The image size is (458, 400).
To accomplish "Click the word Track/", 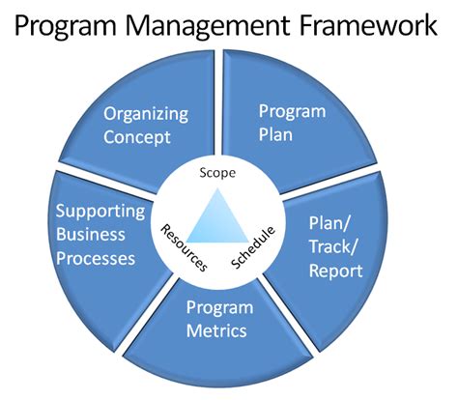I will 338,249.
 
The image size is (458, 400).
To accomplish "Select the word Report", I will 336,271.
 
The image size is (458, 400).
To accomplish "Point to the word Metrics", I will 218,331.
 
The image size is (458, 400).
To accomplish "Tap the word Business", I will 92,235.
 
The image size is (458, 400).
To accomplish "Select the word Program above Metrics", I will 220,308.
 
